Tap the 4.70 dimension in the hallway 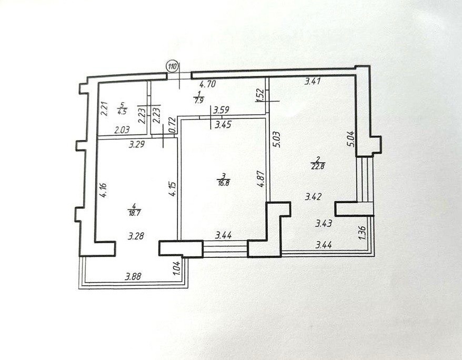click(208, 85)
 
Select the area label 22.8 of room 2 click(317, 167)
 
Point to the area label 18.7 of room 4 click(134, 213)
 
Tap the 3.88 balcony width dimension click(133, 277)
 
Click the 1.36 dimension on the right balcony click(363, 233)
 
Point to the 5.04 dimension click(352, 139)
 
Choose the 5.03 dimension click(277, 139)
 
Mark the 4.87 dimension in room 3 click(260, 179)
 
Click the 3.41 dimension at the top click(313, 81)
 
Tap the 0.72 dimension click(173, 125)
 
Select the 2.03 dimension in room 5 click(122, 129)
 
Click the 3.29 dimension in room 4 click(136, 144)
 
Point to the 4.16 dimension click(103, 190)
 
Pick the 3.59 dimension click(222, 111)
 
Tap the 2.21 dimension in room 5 click(104, 109)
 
